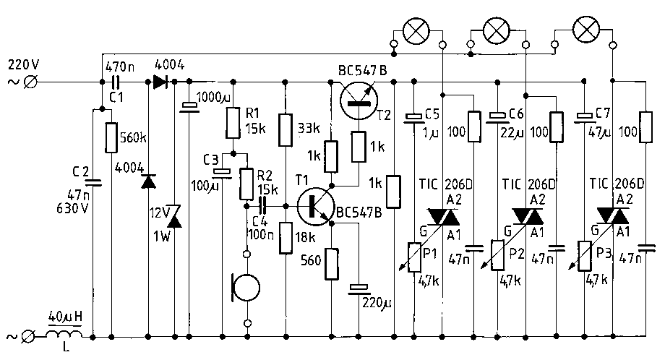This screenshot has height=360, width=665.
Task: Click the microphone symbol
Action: (x=246, y=288)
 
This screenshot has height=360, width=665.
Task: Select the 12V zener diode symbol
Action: (x=175, y=216)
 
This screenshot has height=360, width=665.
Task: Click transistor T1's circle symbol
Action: (x=315, y=207)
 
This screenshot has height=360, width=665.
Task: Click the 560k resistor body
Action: (x=111, y=137)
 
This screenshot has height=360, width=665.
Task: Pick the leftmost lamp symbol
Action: (x=416, y=31)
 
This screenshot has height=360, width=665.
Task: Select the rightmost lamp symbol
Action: (x=585, y=29)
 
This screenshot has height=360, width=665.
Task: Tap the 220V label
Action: (x=23, y=65)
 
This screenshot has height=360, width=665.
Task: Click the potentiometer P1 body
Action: (x=414, y=257)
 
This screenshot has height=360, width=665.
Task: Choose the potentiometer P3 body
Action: (x=585, y=256)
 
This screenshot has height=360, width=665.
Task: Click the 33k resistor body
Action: (x=286, y=129)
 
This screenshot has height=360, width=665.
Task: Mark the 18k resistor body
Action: (x=286, y=238)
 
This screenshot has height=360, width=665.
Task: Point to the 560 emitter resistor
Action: (x=332, y=264)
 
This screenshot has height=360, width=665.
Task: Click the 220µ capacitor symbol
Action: (x=359, y=289)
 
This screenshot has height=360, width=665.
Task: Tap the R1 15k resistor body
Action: (x=233, y=123)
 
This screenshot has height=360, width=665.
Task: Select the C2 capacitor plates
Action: (x=93, y=183)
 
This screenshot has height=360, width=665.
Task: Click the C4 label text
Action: (x=259, y=221)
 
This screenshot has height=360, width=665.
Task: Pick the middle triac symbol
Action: (x=527, y=216)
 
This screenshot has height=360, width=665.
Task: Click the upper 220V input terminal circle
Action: (x=30, y=82)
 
